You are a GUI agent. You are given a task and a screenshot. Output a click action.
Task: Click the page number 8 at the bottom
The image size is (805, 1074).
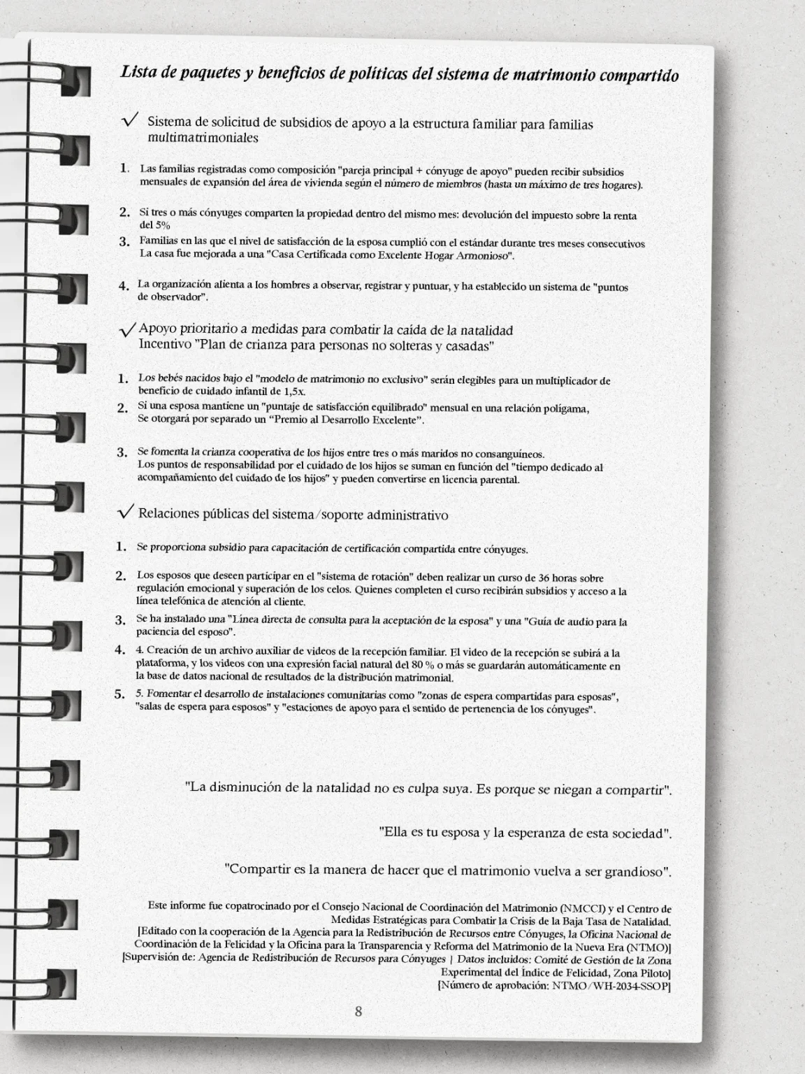click(358, 1011)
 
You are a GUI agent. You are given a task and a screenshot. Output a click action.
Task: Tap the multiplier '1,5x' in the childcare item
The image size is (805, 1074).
click(293, 391)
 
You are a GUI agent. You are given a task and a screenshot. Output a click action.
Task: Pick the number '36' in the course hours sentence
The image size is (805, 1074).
click(525, 578)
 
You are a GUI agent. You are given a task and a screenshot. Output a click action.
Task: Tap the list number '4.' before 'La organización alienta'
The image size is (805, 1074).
click(124, 285)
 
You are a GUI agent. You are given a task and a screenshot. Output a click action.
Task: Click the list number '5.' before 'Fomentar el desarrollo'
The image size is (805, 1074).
click(120, 694)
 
